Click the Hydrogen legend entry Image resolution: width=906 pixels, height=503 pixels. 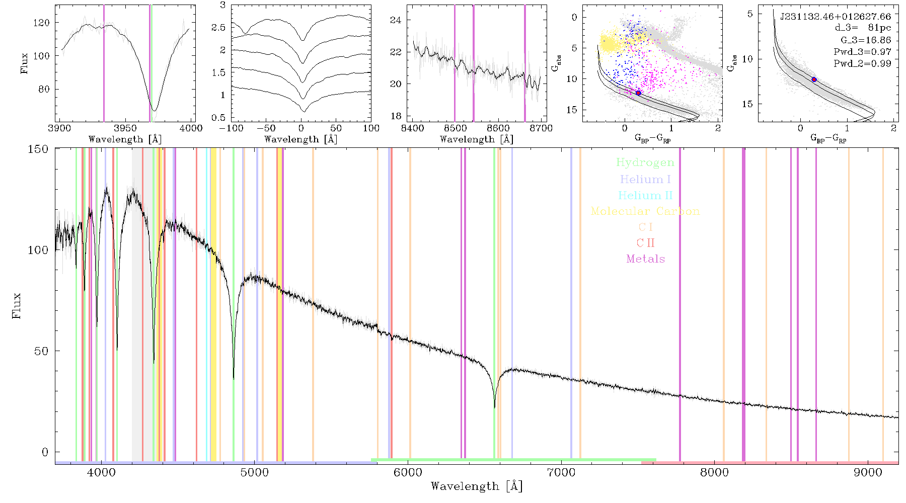tap(645, 162)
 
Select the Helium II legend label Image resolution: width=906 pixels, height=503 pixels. tap(645, 195)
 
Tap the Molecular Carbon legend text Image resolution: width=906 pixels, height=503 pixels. tap(645, 211)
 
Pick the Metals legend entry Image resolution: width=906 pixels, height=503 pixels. tap(645, 259)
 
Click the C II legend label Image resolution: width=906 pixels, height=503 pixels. tap(645, 243)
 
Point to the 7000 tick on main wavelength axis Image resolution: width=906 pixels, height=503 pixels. tap(561, 472)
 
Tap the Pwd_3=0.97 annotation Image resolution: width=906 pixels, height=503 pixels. tap(862, 52)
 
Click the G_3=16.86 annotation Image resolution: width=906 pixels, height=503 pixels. tap(866, 40)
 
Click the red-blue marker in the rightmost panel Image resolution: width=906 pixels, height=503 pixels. tap(814, 79)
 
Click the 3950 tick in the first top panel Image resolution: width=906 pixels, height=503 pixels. tap(125, 128)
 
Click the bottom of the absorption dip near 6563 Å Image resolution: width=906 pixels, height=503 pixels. tap(495, 407)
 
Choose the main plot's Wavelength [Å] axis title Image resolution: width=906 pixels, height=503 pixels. tap(477, 486)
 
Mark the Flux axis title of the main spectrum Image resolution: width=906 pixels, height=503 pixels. tap(17, 305)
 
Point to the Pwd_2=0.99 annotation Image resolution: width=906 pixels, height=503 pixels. tap(862, 64)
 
